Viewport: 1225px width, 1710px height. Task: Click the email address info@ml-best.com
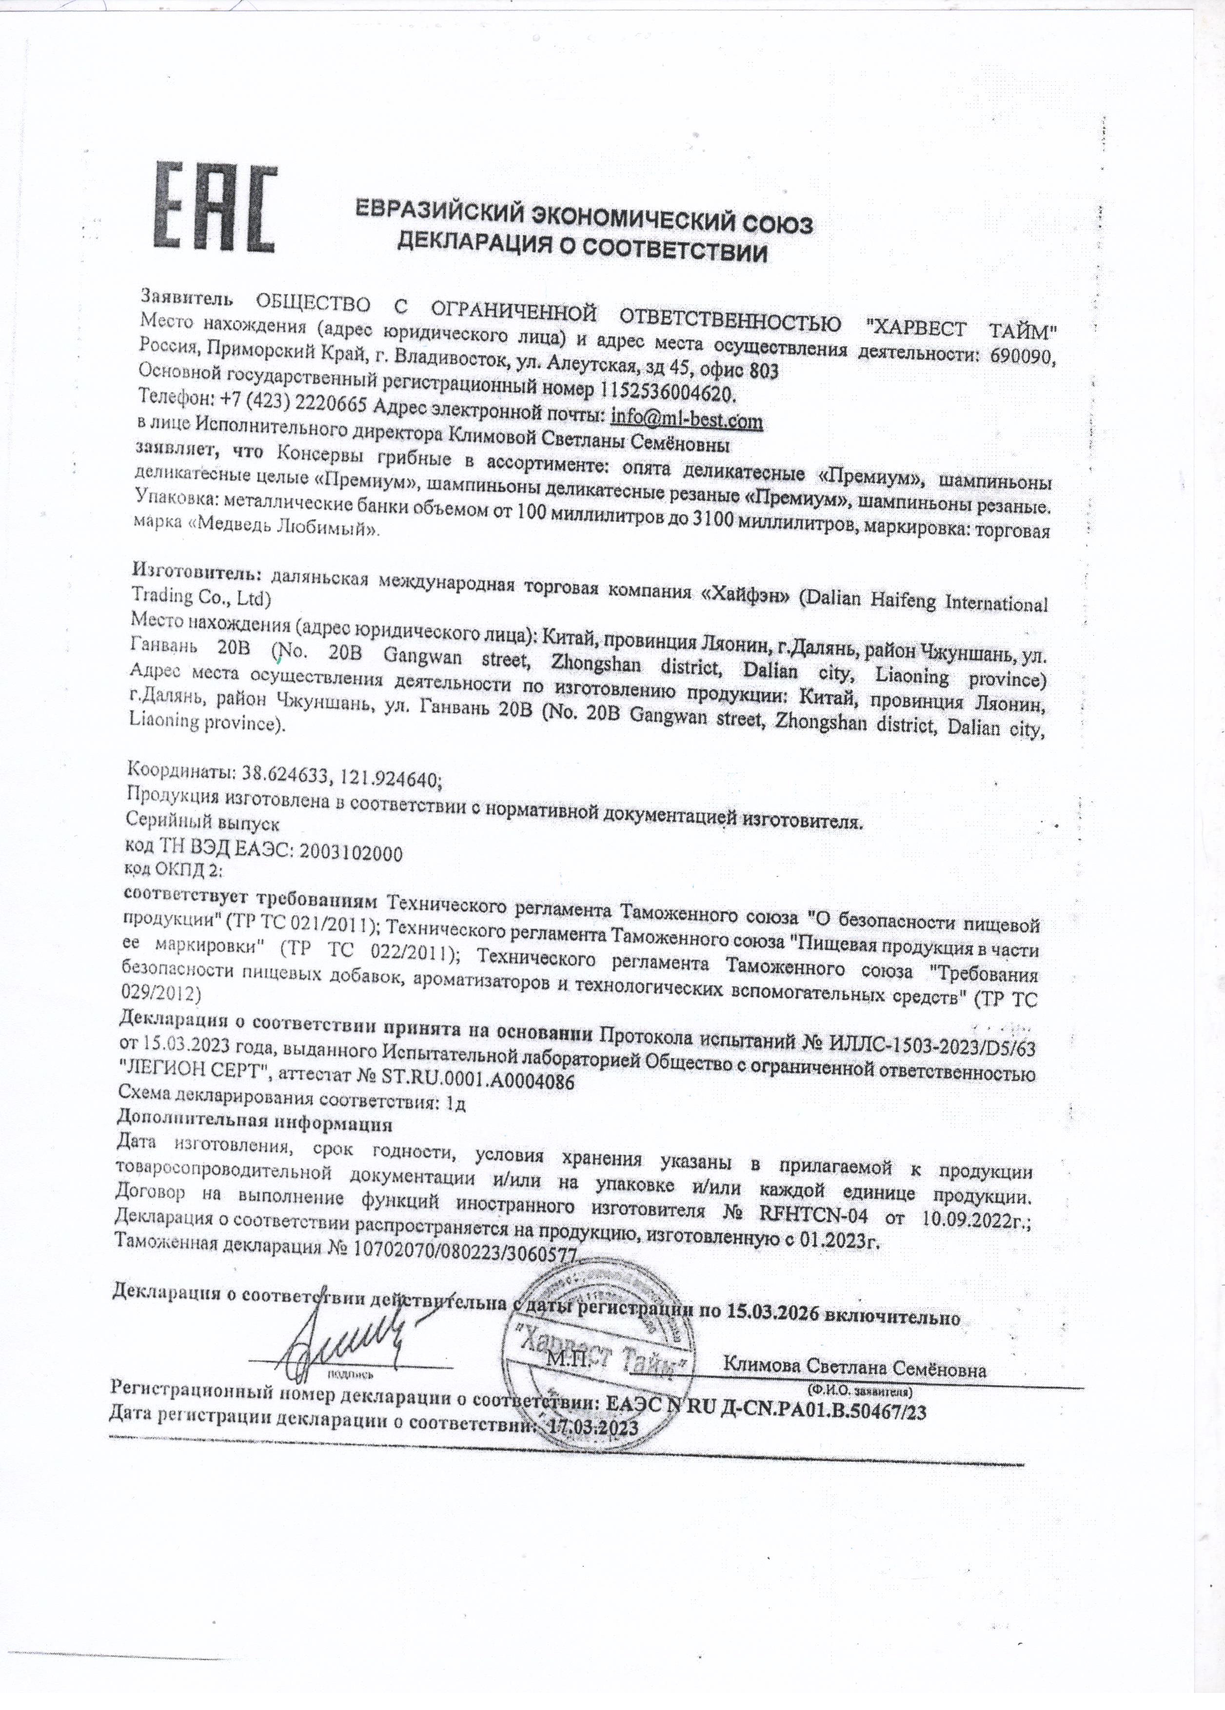(687, 418)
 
